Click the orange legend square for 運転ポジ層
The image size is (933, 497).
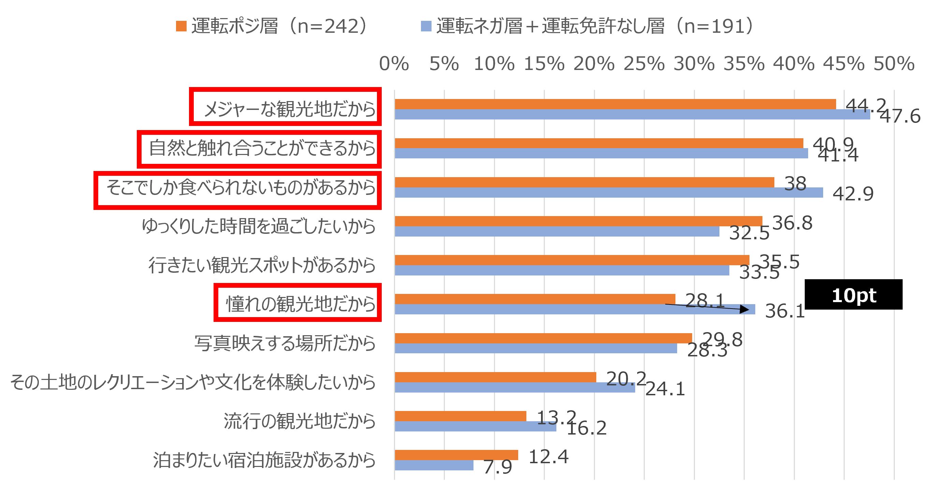(181, 26)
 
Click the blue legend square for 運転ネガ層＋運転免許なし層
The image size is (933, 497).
(426, 26)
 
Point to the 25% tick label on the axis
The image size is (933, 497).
(644, 64)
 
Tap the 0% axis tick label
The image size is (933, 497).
(394, 64)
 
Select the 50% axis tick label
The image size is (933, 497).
(894, 64)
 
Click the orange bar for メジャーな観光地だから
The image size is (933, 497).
(615, 104)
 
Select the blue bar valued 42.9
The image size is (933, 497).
(609, 193)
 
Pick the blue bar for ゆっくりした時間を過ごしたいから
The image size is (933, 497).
(557, 232)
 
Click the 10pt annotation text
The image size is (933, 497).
(854, 296)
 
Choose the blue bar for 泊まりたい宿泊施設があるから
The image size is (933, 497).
(434, 466)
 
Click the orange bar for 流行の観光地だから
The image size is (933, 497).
(460, 416)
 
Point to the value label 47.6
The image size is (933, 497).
(900, 116)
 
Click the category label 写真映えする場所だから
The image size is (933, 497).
(285, 343)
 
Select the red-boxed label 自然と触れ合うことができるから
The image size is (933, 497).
(262, 148)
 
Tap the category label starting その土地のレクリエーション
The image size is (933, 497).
(193, 382)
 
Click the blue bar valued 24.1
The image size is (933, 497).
(514, 387)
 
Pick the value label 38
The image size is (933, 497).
(796, 183)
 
